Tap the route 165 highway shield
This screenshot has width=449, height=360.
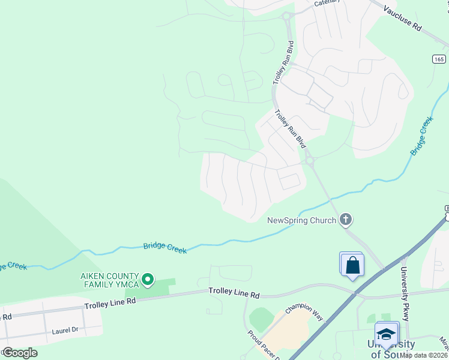point(439,59)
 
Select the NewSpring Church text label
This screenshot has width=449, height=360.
point(301,220)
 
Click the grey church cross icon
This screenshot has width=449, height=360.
point(345,220)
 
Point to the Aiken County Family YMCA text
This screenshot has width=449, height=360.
point(110,279)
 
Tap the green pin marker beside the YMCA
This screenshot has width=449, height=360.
point(148,280)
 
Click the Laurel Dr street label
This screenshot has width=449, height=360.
point(65,330)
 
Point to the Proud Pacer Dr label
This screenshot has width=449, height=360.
point(260,344)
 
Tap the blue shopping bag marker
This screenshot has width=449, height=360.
point(351,265)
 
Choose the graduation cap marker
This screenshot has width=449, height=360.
point(386,334)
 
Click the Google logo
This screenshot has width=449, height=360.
point(19,353)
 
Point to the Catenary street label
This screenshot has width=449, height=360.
point(327,2)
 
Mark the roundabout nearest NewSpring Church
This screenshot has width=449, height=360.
point(310,160)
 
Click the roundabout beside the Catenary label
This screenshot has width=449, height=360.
point(286,16)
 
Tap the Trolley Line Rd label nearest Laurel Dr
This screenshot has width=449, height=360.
point(110,304)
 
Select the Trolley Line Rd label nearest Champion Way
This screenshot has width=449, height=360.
point(234,293)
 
